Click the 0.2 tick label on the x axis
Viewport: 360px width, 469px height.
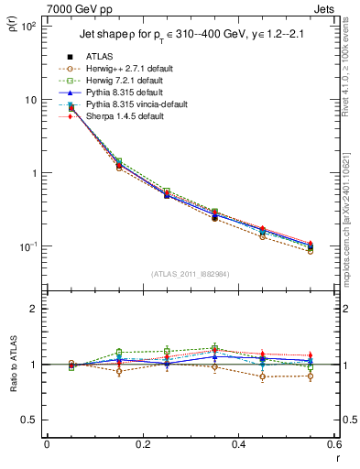[142, 444]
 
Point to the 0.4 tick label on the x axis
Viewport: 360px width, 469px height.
[238, 444]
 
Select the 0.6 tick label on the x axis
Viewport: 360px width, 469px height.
[332, 444]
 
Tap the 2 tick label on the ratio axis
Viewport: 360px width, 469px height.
[32, 309]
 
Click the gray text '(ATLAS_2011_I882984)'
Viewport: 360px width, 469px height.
[189, 274]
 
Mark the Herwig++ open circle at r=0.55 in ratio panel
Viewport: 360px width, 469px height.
[311, 376]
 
